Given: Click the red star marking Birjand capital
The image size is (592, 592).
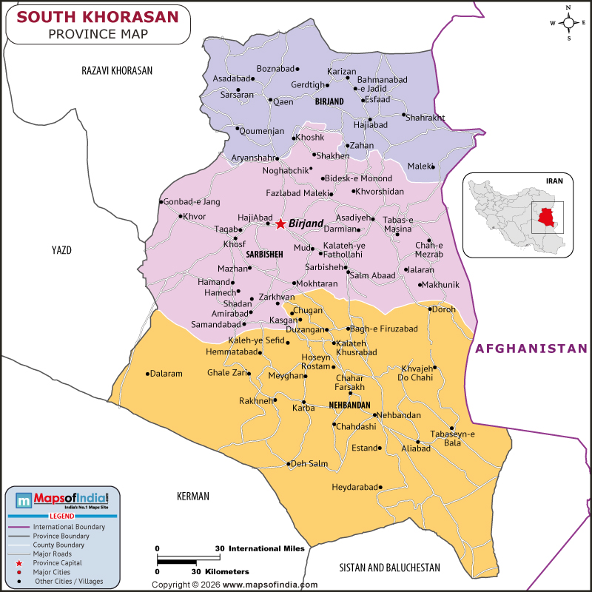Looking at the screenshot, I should [x=280, y=223].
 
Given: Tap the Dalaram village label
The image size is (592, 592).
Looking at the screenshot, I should [x=166, y=374].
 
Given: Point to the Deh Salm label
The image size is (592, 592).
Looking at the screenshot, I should [x=309, y=464].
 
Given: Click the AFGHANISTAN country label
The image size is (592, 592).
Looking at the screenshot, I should [x=531, y=348].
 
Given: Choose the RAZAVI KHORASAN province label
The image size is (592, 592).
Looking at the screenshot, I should [x=117, y=71].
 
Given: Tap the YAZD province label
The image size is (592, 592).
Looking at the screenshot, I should [x=61, y=250].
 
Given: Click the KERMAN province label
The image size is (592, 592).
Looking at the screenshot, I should [x=193, y=497].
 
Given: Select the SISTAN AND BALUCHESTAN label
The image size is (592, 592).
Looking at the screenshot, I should [x=389, y=568].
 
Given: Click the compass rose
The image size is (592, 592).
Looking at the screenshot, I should [x=568, y=22].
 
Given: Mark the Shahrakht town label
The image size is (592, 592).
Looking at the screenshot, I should [x=425, y=117].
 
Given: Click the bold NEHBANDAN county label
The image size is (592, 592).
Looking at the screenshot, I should [x=349, y=406].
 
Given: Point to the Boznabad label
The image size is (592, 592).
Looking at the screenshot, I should [x=275, y=69].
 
